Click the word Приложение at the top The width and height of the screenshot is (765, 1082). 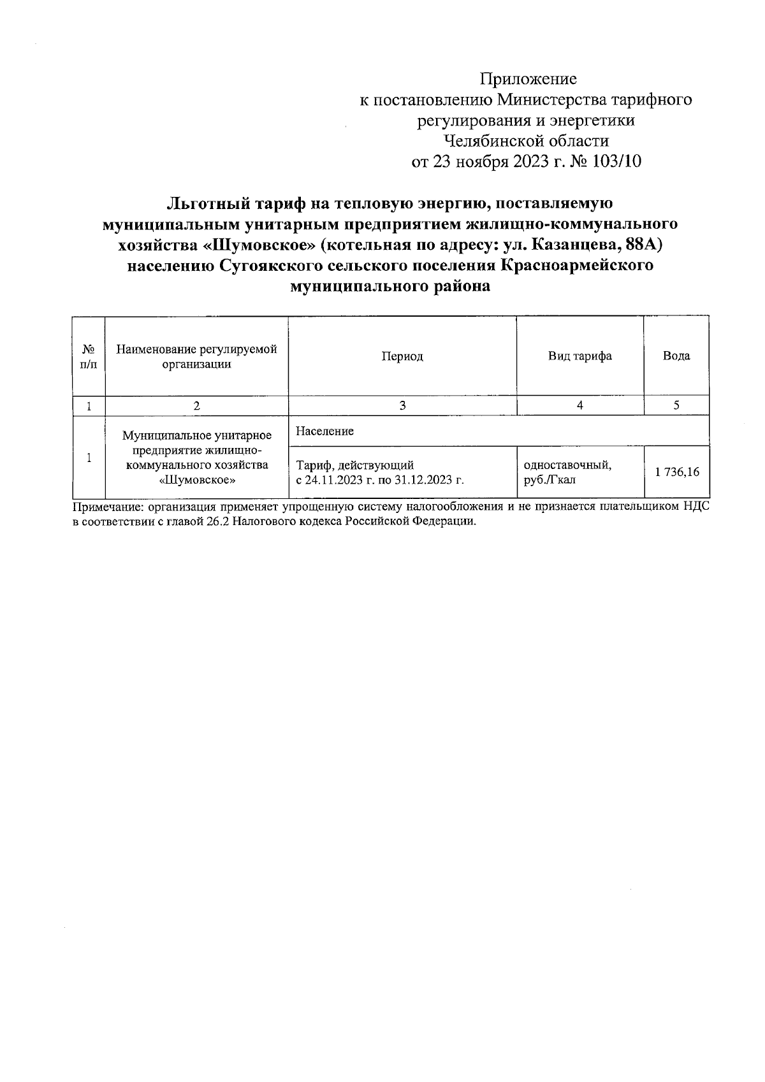pyautogui.click(x=528, y=79)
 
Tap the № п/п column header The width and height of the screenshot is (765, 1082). pyautogui.click(x=89, y=356)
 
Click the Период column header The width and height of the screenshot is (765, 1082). pyautogui.click(x=402, y=356)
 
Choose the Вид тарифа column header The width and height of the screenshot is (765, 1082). pyautogui.click(x=580, y=356)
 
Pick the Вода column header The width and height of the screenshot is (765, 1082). pyautogui.click(x=676, y=356)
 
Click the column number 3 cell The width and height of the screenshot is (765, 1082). pyautogui.click(x=402, y=405)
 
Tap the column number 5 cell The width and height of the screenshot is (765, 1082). pyautogui.click(x=676, y=405)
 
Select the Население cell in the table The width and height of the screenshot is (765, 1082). pyautogui.click(x=325, y=431)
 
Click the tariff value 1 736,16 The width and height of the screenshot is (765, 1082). pyautogui.click(x=676, y=472)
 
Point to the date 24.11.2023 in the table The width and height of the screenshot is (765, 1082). pyautogui.click(x=335, y=479)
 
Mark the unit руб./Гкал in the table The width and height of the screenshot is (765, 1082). pyautogui.click(x=549, y=479)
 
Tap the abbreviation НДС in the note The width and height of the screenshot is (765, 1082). pyautogui.click(x=695, y=507)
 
